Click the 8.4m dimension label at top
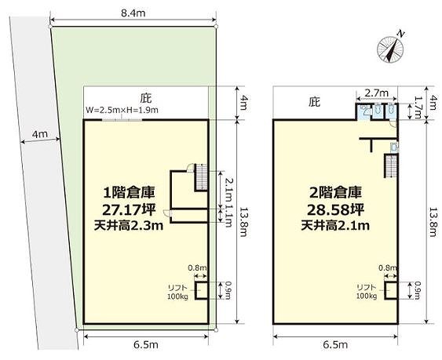[x=133, y=13]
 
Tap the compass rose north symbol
[x=390, y=49]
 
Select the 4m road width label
[x=40, y=134]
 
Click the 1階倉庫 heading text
[x=130, y=193]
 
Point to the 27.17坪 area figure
[x=129, y=209]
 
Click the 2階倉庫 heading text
[x=335, y=193]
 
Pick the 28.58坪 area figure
[x=335, y=209]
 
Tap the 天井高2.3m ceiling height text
[x=129, y=225]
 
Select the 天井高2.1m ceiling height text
[x=335, y=225]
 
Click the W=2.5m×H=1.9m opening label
[x=122, y=110]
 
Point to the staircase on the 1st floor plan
[x=201, y=177]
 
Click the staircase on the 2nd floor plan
[x=391, y=165]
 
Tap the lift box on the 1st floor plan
[x=201, y=289]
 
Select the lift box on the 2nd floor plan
[x=391, y=289]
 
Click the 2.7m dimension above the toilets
[x=377, y=93]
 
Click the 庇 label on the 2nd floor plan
[x=314, y=102]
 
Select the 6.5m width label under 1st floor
[x=146, y=344]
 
